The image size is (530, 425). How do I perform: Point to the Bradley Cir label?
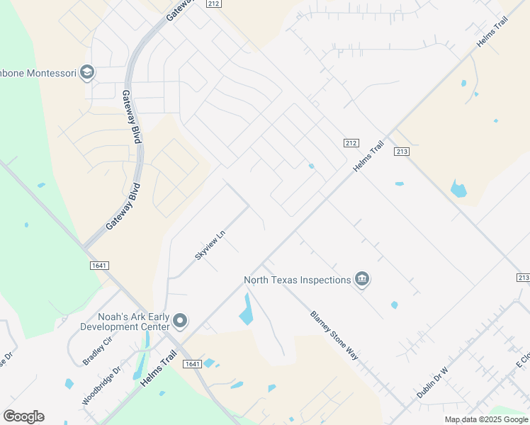pos(97,351)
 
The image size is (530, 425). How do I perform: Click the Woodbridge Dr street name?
pos(101,385)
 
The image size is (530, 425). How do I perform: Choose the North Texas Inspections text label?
pos(298,280)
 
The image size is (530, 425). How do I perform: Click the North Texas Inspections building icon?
pos(362,280)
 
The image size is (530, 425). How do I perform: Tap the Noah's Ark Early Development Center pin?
pos(180,321)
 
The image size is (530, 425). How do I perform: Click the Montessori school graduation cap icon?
pos(87,72)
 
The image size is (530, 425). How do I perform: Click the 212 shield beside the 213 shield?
pos(351,143)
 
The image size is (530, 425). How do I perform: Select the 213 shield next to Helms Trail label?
pos(402,152)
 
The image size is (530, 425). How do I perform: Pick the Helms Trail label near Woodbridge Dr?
pos(158,371)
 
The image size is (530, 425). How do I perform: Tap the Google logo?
pos(23,416)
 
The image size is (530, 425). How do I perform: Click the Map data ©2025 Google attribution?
pos(486,419)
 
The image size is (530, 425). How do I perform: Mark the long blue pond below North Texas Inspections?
pos(246,310)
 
